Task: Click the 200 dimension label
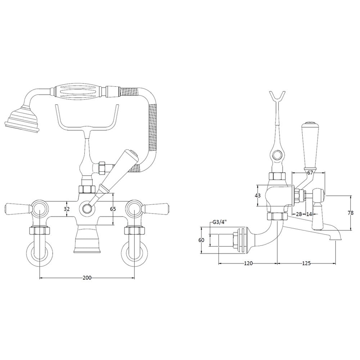pos(87,278)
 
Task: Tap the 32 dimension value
pos(67,209)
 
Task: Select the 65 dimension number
pos(113,209)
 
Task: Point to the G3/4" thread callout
pos(219,222)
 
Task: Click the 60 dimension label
pos(201,240)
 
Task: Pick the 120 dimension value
pos(248,263)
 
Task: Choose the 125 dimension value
pos(306,263)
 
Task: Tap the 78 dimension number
pos(351,213)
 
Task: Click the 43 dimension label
pos(258,195)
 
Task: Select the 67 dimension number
pos(310,173)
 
